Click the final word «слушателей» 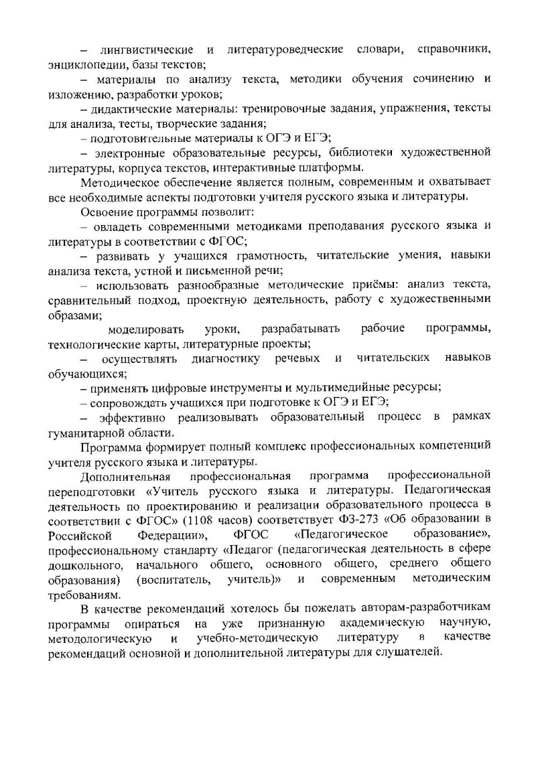pyautogui.click(x=409, y=653)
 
